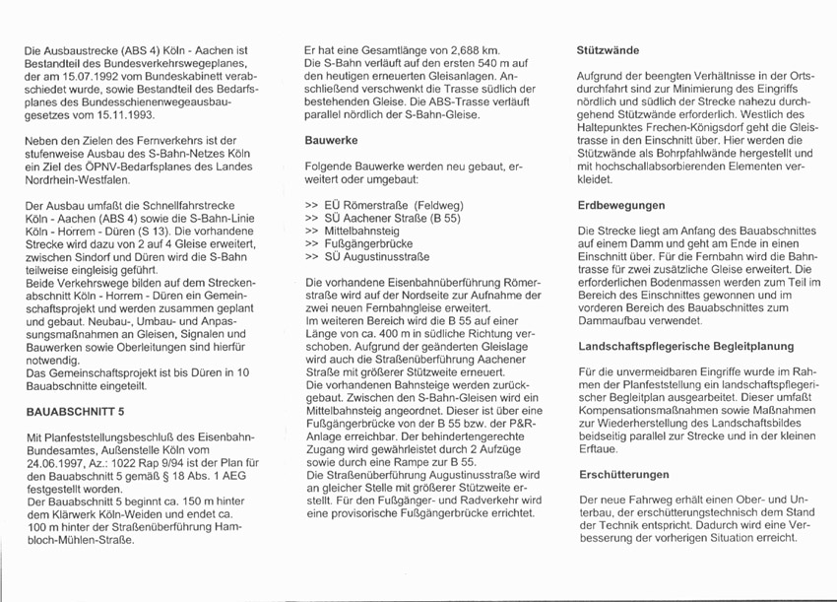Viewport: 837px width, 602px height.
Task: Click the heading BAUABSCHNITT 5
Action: click(73, 412)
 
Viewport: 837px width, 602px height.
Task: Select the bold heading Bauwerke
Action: click(330, 140)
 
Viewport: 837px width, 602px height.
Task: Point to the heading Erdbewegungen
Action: click(620, 205)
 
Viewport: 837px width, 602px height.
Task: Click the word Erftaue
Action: click(598, 448)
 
